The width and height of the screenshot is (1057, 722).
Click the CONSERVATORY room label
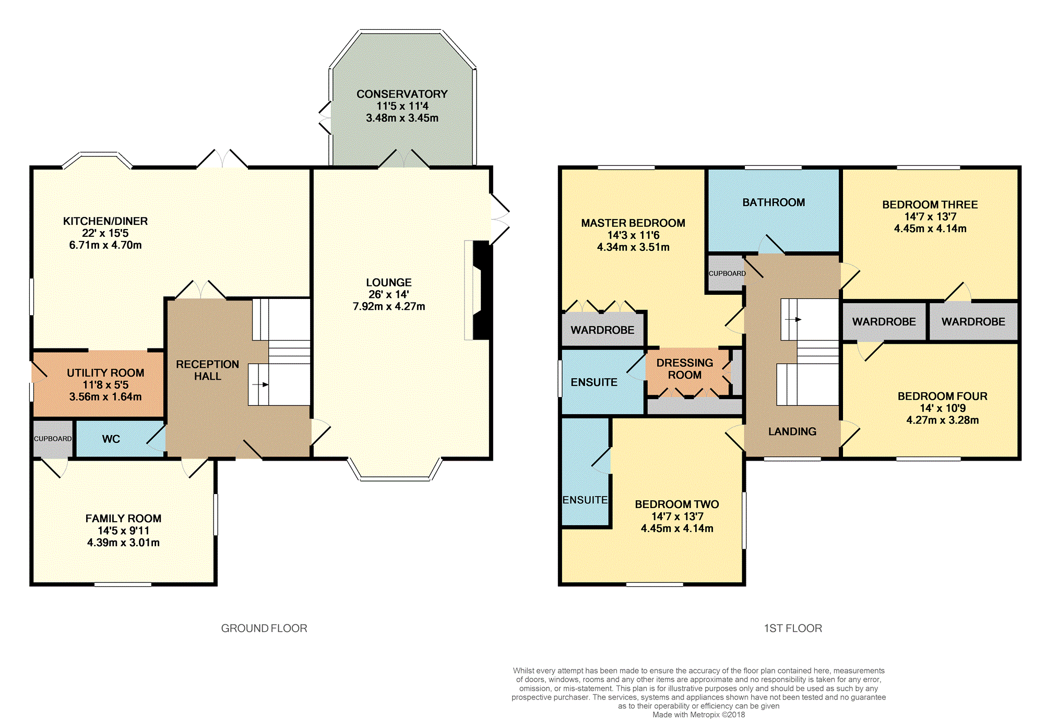click(402, 94)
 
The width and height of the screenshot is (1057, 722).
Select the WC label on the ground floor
click(111, 439)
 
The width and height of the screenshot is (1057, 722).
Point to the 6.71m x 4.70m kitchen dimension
click(105, 245)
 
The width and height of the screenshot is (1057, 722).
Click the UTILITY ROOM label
click(105, 372)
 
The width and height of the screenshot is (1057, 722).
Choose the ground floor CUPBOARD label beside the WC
click(53, 439)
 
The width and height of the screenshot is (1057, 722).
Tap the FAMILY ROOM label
click(123, 519)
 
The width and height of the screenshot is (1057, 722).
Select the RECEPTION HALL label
click(207, 370)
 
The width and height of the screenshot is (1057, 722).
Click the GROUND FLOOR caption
click(264, 628)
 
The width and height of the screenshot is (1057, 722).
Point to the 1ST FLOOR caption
click(793, 628)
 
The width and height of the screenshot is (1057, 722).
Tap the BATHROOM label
click(774, 202)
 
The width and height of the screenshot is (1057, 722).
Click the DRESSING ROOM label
click(684, 369)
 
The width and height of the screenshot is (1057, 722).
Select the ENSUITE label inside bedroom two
click(585, 500)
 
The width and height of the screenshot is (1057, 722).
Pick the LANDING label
click(792, 431)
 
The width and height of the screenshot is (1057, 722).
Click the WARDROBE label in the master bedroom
click(602, 330)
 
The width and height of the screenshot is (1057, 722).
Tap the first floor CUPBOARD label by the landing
click(727, 273)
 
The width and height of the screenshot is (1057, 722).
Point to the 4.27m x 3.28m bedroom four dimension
click(942, 420)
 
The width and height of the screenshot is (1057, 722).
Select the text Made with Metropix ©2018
click(698, 715)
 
